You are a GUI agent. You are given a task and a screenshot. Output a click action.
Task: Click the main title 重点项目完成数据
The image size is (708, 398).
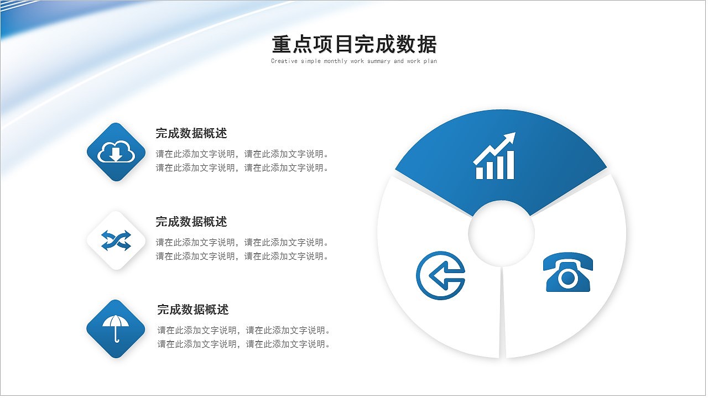pyautogui.click(x=355, y=44)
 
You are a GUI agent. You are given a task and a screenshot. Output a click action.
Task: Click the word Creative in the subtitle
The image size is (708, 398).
pyautogui.click(x=284, y=61)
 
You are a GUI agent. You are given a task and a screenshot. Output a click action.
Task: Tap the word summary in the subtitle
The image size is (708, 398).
pyautogui.click(x=379, y=61)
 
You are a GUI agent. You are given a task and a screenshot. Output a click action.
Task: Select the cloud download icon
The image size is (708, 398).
pyautogui.click(x=116, y=151)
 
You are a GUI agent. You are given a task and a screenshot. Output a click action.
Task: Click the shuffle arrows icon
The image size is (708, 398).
pyautogui.click(x=116, y=240)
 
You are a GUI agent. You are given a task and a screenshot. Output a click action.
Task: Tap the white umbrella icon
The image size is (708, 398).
pyautogui.click(x=116, y=328)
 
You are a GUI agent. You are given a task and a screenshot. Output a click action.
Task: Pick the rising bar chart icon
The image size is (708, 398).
pyautogui.click(x=494, y=156)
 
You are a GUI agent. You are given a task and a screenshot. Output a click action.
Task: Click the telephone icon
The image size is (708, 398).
pyautogui.click(x=568, y=272)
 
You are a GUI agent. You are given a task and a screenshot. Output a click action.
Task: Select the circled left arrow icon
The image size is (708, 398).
pyautogui.click(x=441, y=275)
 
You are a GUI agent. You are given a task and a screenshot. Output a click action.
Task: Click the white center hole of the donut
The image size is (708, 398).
pyautogui.click(x=501, y=234)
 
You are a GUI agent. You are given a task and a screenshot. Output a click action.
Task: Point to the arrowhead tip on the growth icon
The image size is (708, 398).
pyautogui.click(x=515, y=133)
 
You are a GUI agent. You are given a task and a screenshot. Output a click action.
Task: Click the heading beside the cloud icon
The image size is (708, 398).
pyautogui.click(x=191, y=133)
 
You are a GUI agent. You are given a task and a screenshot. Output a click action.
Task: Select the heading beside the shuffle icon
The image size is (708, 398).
pyautogui.click(x=191, y=222)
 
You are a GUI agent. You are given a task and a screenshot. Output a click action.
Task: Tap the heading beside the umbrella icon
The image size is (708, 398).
pyautogui.click(x=193, y=310)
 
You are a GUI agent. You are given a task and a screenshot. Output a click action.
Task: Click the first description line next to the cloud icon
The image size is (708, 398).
pyautogui.click(x=243, y=154)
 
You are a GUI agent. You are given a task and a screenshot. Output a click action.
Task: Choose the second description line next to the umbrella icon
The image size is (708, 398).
pyautogui.click(x=244, y=344)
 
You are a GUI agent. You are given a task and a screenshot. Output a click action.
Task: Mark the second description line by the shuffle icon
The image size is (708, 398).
pyautogui.click(x=243, y=256)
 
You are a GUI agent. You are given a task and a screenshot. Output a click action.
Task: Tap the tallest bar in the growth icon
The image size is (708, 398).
pyautogui.click(x=510, y=165)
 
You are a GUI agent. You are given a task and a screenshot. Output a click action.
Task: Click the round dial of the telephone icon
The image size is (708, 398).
pyautogui.click(x=568, y=278)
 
